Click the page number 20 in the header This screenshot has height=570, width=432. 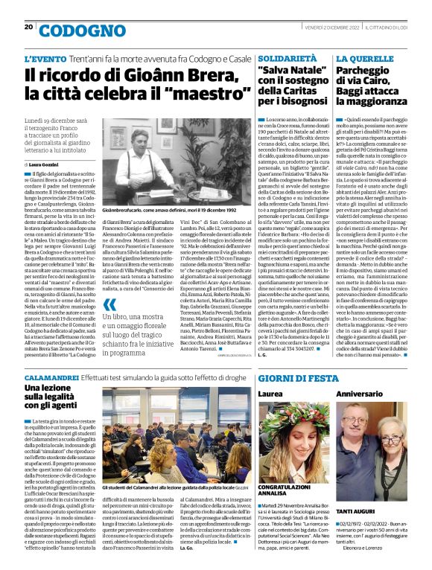tap(28, 27)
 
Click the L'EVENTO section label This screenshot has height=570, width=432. tap(45, 58)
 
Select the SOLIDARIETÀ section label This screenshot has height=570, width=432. tap(288, 57)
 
